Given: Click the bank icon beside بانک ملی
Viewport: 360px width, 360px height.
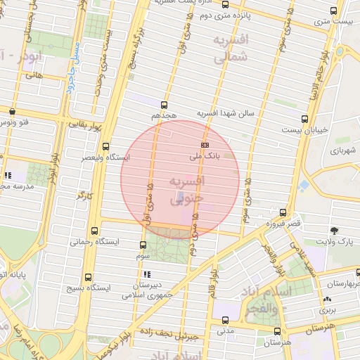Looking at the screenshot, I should [205, 143].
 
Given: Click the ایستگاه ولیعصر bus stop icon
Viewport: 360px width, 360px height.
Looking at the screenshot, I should [105, 147].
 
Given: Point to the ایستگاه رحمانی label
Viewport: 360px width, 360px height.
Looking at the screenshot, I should [94, 241].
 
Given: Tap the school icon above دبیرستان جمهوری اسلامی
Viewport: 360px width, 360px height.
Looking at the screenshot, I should [146, 274].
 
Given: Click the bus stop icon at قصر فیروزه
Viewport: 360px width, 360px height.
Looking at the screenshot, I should [283, 212].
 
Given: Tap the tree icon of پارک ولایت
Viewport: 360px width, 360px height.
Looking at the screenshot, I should [333, 231].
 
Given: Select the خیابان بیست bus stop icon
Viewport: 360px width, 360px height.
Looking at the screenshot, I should [304, 119].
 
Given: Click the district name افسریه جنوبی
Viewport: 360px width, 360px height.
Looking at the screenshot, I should [186, 190].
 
